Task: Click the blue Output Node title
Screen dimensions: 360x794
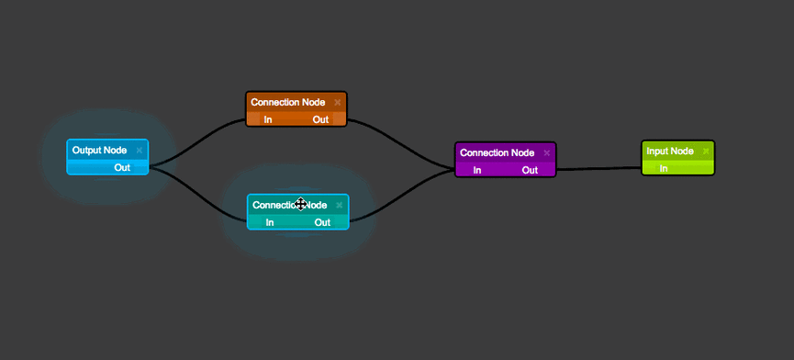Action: [99, 150]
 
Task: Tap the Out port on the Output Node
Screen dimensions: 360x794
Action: [122, 167]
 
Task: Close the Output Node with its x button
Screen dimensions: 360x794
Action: [140, 150]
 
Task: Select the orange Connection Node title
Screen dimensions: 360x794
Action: [287, 102]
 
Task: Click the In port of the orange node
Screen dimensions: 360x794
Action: [268, 119]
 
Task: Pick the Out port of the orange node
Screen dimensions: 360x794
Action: [320, 119]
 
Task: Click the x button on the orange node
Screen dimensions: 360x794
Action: [338, 102]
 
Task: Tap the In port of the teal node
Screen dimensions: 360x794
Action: [270, 222]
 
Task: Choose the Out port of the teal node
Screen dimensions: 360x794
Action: [322, 222]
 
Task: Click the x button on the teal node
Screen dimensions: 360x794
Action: [339, 206]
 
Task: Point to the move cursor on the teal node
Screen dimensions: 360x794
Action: [300, 205]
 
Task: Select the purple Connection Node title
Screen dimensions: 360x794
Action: [497, 152]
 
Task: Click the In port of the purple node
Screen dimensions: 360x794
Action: [477, 170]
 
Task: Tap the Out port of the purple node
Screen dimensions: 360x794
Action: [530, 170]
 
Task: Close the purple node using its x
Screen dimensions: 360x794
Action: [547, 152]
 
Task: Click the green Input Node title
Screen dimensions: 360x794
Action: [669, 151]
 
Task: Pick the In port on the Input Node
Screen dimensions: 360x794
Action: [664, 168]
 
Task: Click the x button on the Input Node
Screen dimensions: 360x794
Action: [706, 151]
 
